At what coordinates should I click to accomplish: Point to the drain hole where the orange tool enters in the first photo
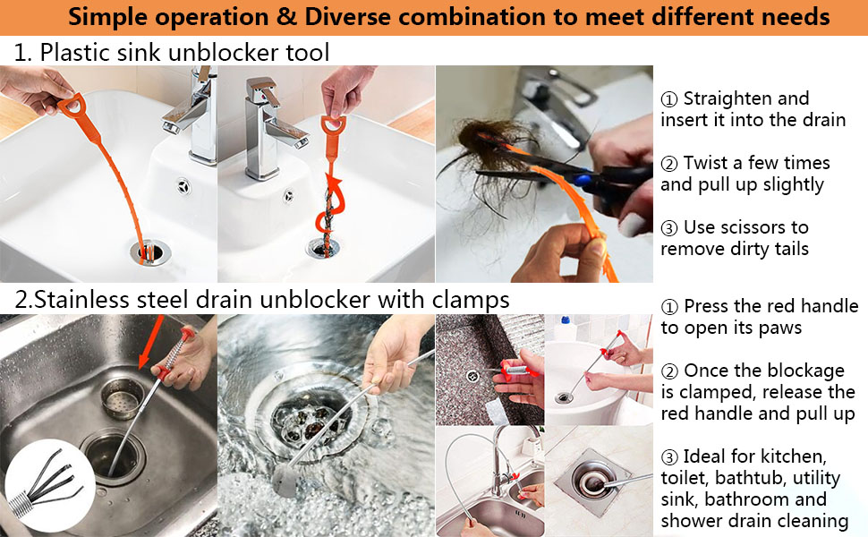[149, 252]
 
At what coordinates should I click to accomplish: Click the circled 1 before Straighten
[668, 99]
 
